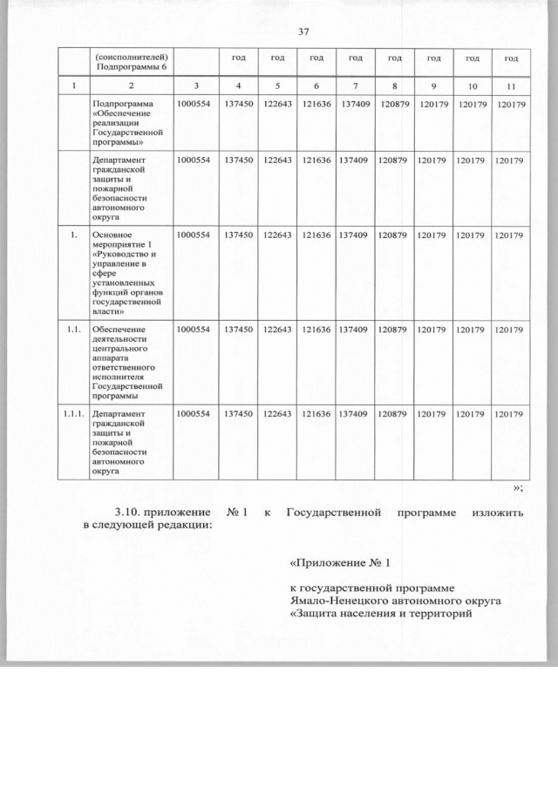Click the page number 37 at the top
click(304, 32)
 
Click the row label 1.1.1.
click(72, 414)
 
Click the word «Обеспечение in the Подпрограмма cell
click(121, 115)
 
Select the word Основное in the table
click(112, 236)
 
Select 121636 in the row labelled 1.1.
click(315, 330)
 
